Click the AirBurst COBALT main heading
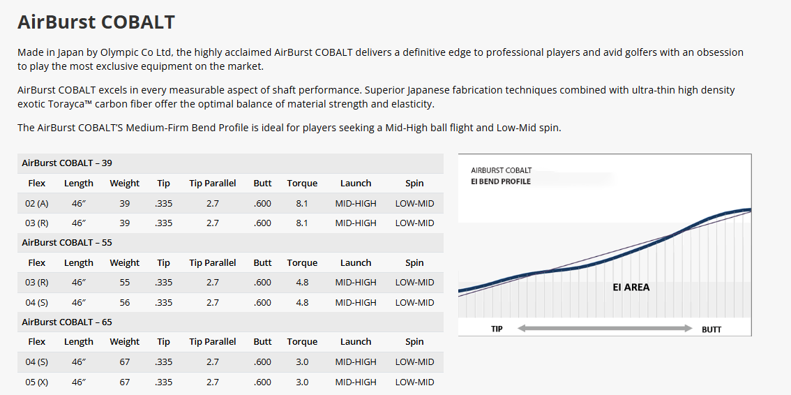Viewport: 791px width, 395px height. pos(96,22)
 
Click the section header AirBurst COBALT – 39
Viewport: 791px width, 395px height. pos(67,163)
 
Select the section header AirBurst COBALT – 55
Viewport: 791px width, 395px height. pos(67,242)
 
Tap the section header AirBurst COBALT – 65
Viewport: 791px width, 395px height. pos(67,322)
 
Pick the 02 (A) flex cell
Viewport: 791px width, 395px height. pos(37,203)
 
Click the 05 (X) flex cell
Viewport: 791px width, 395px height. pos(37,382)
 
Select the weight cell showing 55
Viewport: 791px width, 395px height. pos(124,282)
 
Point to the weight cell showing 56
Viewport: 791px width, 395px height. pos(124,302)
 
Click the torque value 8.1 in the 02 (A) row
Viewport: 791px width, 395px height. pos(302,203)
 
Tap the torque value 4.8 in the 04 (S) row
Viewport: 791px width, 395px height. pos(302,302)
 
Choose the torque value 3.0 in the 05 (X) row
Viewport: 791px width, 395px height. pos(302,382)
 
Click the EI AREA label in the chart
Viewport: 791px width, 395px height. pos(631,287)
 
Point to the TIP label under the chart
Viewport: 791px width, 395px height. pos(497,329)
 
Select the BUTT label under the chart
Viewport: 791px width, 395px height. pos(711,329)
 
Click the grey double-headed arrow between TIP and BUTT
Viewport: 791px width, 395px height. pos(604,328)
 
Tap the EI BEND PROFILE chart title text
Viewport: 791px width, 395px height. pos(501,181)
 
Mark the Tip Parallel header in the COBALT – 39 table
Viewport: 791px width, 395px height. pos(213,183)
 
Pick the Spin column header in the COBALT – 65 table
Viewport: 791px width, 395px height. pos(414,341)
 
